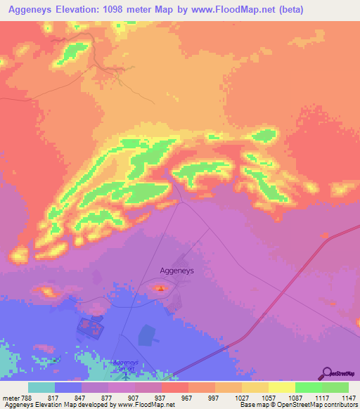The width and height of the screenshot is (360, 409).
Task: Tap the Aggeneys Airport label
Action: coord(127,365)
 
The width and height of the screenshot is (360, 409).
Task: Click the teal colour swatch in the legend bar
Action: coord(41,387)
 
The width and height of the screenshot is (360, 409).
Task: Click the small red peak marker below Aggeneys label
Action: coord(161,287)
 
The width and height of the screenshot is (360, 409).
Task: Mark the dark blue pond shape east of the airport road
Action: coord(147,335)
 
